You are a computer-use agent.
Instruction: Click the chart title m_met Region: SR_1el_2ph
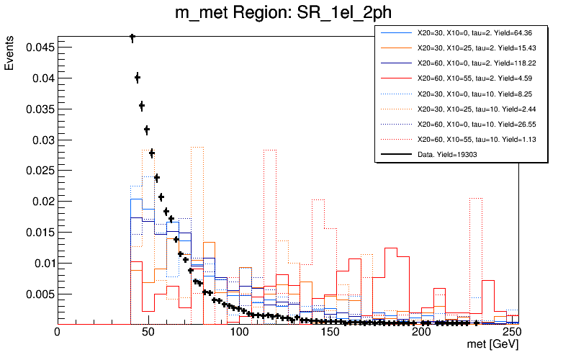[x=288, y=14]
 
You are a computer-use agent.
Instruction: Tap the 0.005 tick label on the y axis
[x=37, y=294]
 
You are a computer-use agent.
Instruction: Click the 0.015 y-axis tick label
[x=37, y=233]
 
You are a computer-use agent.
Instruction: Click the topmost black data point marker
[x=132, y=37]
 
